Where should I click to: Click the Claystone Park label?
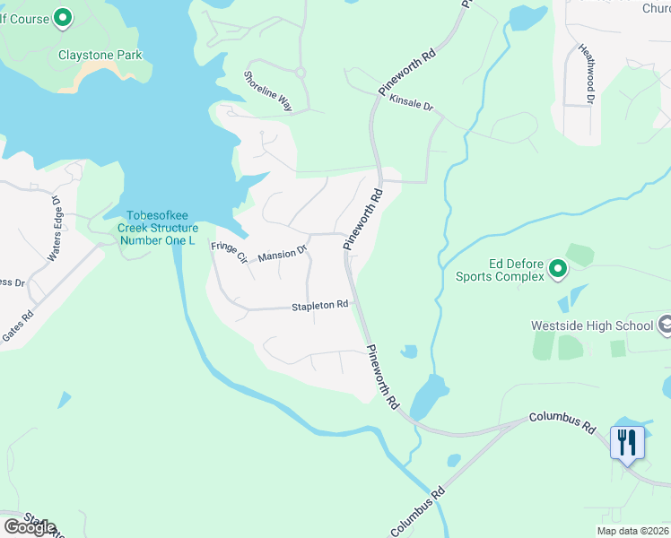(100, 55)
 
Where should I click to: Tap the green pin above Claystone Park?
(63, 17)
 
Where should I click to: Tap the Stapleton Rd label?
(319, 306)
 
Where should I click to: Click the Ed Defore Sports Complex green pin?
(557, 268)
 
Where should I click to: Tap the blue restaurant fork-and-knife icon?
(627, 442)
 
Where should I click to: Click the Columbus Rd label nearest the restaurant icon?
(562, 423)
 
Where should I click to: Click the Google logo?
(30, 526)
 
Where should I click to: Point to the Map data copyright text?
(632, 531)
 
